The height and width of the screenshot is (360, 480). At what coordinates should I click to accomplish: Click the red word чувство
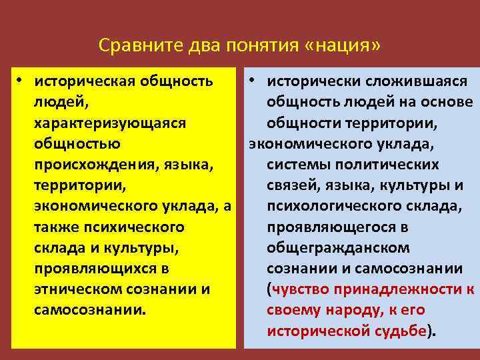(x=301, y=289)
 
